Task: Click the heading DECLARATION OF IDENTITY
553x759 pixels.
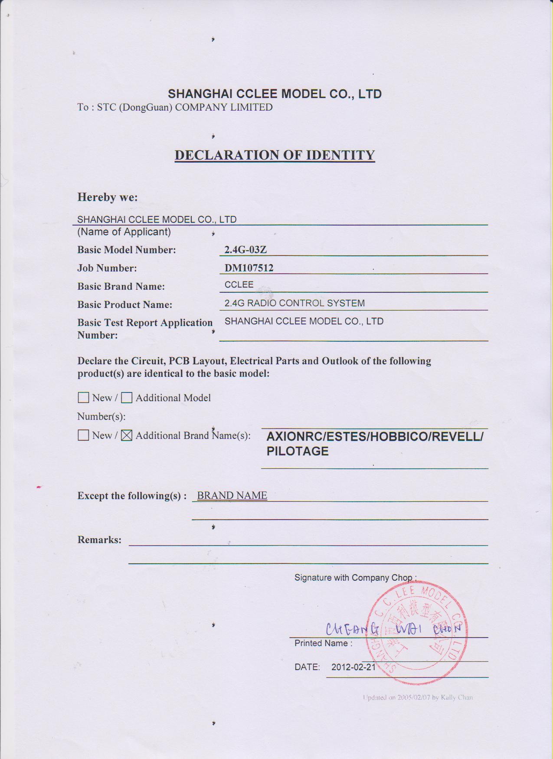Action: pos(275,155)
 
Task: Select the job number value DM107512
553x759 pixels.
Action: pos(249,268)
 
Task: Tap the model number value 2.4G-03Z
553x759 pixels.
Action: pos(245,250)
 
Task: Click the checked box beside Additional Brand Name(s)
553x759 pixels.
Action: pos(127,435)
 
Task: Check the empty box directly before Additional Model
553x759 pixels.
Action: pos(127,398)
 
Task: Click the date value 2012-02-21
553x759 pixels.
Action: pos(353,667)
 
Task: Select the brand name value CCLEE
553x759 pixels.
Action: pos(239,285)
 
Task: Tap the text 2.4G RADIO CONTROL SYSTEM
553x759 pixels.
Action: pos(294,303)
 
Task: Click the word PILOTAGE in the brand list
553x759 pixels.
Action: pos(298,451)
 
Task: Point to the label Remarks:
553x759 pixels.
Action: pos(99,540)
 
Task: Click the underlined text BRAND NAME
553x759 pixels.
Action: pos(232,495)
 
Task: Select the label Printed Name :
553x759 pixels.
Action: pos(323,643)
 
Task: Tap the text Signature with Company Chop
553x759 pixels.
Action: pos(355,578)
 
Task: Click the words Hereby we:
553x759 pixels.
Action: pos(108,197)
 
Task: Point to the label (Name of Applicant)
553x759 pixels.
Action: pos(124,232)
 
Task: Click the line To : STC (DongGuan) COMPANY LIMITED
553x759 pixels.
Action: pos(175,107)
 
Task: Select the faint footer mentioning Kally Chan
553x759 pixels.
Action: pos(418,697)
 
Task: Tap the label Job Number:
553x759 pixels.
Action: pos(107,268)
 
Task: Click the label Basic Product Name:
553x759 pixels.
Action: pos(124,304)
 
